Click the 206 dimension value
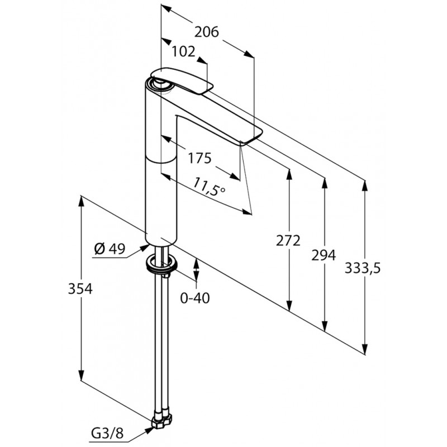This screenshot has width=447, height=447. point(206,33)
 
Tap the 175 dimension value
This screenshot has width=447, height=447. point(199,158)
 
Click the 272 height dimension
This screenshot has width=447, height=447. point(288,240)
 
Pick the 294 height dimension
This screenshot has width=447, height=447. point(324,255)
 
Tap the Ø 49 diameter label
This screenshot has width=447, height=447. point(110,250)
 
